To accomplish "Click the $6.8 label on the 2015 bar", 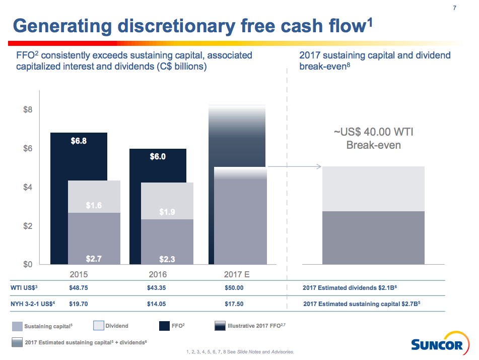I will [79, 141].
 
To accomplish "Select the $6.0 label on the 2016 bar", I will [158, 157].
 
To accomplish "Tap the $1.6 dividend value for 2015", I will [94, 205].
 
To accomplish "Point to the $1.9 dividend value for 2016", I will [167, 212].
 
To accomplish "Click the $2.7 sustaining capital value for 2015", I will [94, 259].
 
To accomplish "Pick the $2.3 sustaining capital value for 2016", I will [167, 259].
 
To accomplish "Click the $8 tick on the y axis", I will [28, 110].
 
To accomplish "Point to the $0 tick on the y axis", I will [28, 264].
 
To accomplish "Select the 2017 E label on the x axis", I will [236, 275].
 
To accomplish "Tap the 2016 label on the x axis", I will [158, 275].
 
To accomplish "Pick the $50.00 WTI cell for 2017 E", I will [234, 288].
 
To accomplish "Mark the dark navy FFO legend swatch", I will [164, 326].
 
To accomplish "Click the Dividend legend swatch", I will [98, 326].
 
